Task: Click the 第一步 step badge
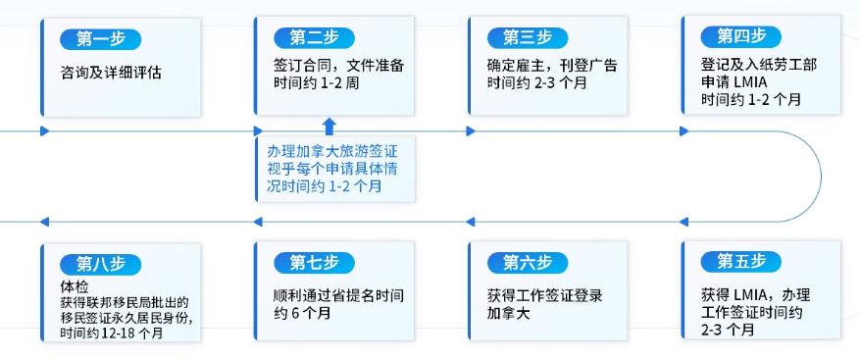[100, 39]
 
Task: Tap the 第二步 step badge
[313, 37]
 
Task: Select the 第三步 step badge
[527, 37]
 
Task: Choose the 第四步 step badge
[740, 36]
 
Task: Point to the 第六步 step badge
[527, 262]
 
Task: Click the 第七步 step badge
[313, 262]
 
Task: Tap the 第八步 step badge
[100, 264]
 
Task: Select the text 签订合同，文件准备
[338, 66]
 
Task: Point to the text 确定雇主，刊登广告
[552, 66]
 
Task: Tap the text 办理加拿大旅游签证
[332, 151]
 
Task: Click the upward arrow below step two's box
[329, 126]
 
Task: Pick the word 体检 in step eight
[74, 285]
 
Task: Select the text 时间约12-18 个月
[111, 333]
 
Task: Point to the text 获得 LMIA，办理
[755, 294]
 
